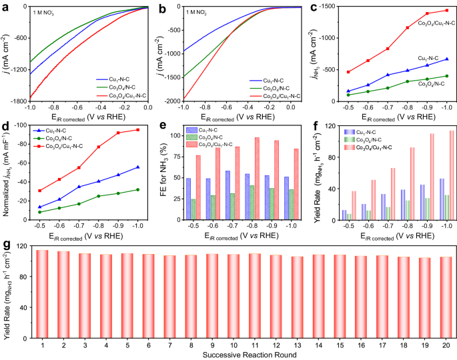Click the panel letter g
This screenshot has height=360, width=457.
(5, 245)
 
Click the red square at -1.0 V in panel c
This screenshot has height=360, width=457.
(446, 11)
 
